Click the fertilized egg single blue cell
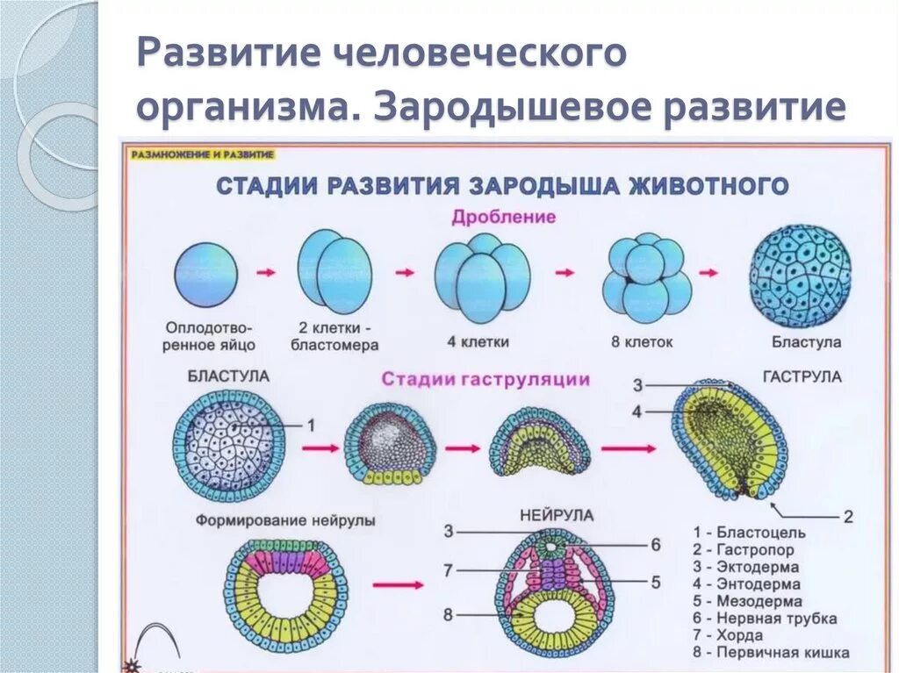pyautogui.click(x=205, y=274)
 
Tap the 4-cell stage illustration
pyautogui.click(x=482, y=276)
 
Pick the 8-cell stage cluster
pyautogui.click(x=646, y=276)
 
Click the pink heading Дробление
pyautogui.click(x=503, y=218)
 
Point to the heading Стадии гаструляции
pyautogui.click(x=485, y=380)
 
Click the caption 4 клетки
pyautogui.click(x=482, y=342)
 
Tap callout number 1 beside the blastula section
pyautogui.click(x=309, y=425)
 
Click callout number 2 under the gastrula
pyautogui.click(x=847, y=517)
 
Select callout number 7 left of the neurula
pyautogui.click(x=448, y=570)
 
